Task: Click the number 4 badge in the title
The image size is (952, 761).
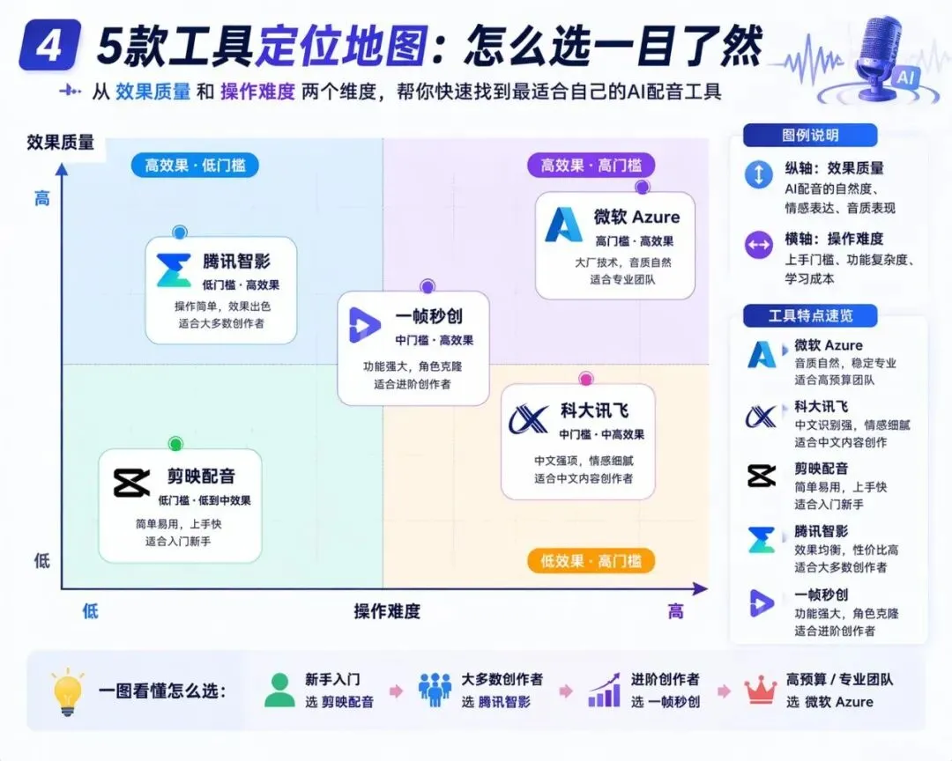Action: point(48,47)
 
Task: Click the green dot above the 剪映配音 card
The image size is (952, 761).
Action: point(175,444)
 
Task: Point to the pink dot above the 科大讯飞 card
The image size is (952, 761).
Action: point(585,379)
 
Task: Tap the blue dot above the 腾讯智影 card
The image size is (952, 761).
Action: point(180,233)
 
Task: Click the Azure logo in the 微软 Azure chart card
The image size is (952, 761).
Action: point(565,225)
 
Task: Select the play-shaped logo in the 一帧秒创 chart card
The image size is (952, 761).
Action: point(364,325)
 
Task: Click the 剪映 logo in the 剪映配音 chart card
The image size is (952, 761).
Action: point(132,483)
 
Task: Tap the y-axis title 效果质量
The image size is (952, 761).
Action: point(61,143)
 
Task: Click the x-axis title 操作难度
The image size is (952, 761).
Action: point(387,611)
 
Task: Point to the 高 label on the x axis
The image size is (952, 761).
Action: point(675,611)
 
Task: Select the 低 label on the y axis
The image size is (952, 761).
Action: point(42,561)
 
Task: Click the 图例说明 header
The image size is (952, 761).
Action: point(810,136)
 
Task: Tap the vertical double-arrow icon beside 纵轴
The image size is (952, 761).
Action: point(759,174)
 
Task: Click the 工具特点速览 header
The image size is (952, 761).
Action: point(810,315)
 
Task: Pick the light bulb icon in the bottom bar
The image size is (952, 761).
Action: point(68,691)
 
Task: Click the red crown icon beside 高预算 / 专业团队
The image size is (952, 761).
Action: point(761,691)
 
